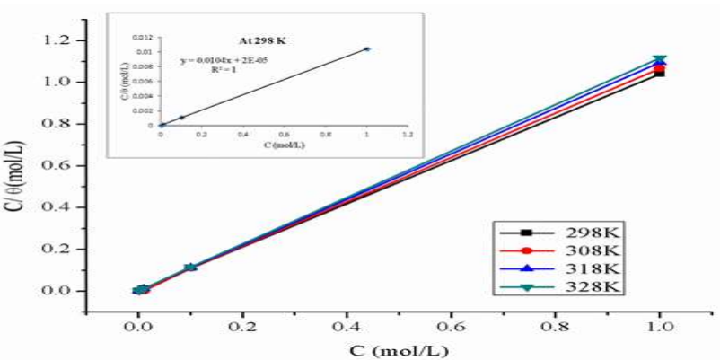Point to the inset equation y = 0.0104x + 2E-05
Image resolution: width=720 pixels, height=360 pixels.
click(x=224, y=60)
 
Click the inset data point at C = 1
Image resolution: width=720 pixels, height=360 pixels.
click(x=366, y=49)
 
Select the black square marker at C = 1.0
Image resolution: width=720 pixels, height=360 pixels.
click(x=659, y=73)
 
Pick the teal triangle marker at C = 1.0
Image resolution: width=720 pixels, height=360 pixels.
click(x=659, y=60)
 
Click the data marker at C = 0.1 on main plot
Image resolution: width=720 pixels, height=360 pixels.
click(x=190, y=268)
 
